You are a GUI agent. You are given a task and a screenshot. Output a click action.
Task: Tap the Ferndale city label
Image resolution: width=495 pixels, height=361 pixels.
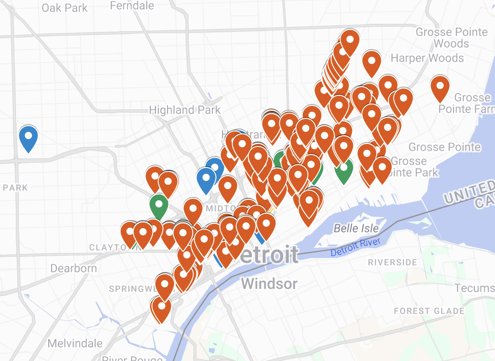[x=132, y=6]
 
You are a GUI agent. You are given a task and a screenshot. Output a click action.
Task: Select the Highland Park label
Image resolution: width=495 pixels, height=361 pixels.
[x=184, y=110]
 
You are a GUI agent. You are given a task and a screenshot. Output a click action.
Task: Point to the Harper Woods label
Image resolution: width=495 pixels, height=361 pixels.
[x=427, y=58]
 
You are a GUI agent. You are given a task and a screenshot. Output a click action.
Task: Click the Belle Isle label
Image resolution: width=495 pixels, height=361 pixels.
[x=356, y=228]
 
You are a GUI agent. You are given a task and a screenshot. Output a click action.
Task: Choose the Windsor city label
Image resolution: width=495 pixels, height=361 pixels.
[x=269, y=283]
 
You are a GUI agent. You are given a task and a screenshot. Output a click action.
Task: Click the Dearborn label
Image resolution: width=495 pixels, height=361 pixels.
[x=74, y=268]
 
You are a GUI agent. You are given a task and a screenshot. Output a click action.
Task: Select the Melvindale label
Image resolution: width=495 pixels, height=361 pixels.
[x=75, y=343]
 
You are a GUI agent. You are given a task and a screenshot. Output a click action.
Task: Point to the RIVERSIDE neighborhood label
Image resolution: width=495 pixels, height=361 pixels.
[x=392, y=262]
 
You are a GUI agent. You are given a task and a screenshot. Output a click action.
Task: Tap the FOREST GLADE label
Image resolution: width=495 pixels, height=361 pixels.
[x=429, y=311]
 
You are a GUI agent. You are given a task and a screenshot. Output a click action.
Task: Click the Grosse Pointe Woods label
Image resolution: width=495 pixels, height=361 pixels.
[x=451, y=38]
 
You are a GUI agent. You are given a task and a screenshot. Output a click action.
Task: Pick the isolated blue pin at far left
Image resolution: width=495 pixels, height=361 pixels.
[x=28, y=137]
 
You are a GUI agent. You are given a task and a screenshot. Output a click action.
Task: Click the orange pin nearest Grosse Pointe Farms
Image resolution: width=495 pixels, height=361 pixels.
[x=440, y=87]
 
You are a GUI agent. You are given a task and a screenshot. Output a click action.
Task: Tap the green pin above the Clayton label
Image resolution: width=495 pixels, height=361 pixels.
[x=158, y=205]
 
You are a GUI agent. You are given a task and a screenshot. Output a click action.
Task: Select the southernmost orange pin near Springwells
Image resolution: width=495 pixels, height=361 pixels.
[x=161, y=308]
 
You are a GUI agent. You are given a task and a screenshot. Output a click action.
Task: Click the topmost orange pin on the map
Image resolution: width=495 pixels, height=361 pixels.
[x=350, y=41]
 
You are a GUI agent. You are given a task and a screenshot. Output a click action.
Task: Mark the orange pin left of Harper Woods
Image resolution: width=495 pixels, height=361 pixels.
[x=372, y=62]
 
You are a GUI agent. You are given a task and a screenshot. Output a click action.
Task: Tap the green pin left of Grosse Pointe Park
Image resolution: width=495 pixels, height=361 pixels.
[x=343, y=169]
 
